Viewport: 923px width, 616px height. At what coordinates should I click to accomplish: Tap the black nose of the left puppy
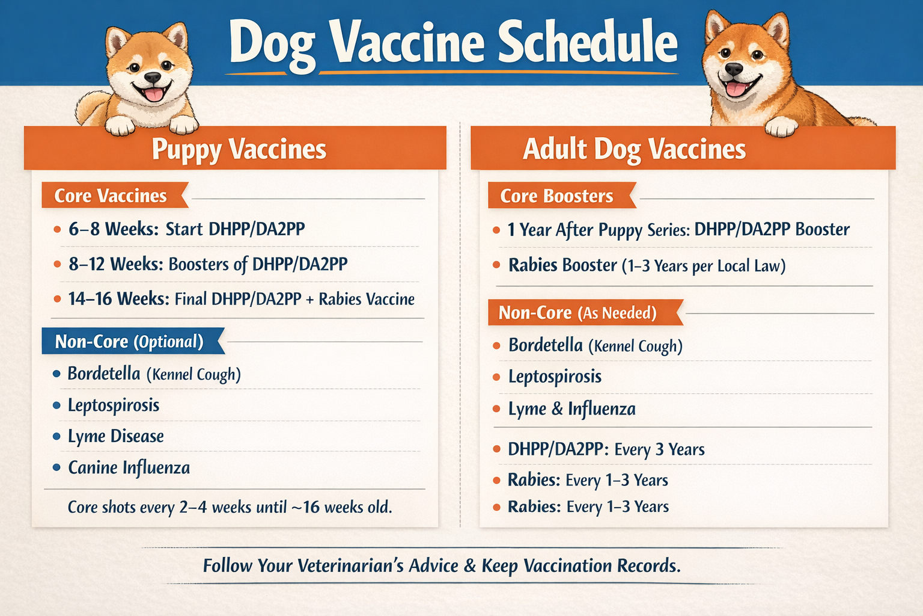pyautogui.click(x=152, y=78)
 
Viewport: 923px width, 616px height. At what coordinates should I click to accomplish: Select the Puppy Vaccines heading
pyautogui.click(x=239, y=149)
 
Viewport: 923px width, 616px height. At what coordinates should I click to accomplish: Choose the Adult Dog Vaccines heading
pyautogui.click(x=634, y=149)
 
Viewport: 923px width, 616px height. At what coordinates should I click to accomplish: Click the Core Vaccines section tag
pyautogui.click(x=111, y=196)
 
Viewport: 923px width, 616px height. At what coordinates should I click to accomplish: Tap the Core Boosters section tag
pyautogui.click(x=556, y=196)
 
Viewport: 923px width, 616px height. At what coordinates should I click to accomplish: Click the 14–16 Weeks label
pyautogui.click(x=118, y=299)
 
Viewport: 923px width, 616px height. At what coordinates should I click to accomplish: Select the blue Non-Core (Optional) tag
pyautogui.click(x=129, y=342)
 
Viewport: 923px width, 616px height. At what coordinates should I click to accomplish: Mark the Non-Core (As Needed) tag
pyautogui.click(x=577, y=313)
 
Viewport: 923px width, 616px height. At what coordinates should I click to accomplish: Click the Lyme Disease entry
pyautogui.click(x=115, y=436)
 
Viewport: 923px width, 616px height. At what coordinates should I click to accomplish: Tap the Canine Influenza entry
pyautogui.click(x=129, y=468)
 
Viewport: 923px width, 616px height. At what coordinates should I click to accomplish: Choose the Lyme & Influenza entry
pyautogui.click(x=571, y=409)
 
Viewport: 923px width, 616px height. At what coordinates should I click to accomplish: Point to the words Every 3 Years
pyautogui.click(x=659, y=449)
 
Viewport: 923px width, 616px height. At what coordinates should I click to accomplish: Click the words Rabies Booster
pyautogui.click(x=562, y=265)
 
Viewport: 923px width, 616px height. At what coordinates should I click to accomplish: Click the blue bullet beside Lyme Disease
pyautogui.click(x=56, y=436)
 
